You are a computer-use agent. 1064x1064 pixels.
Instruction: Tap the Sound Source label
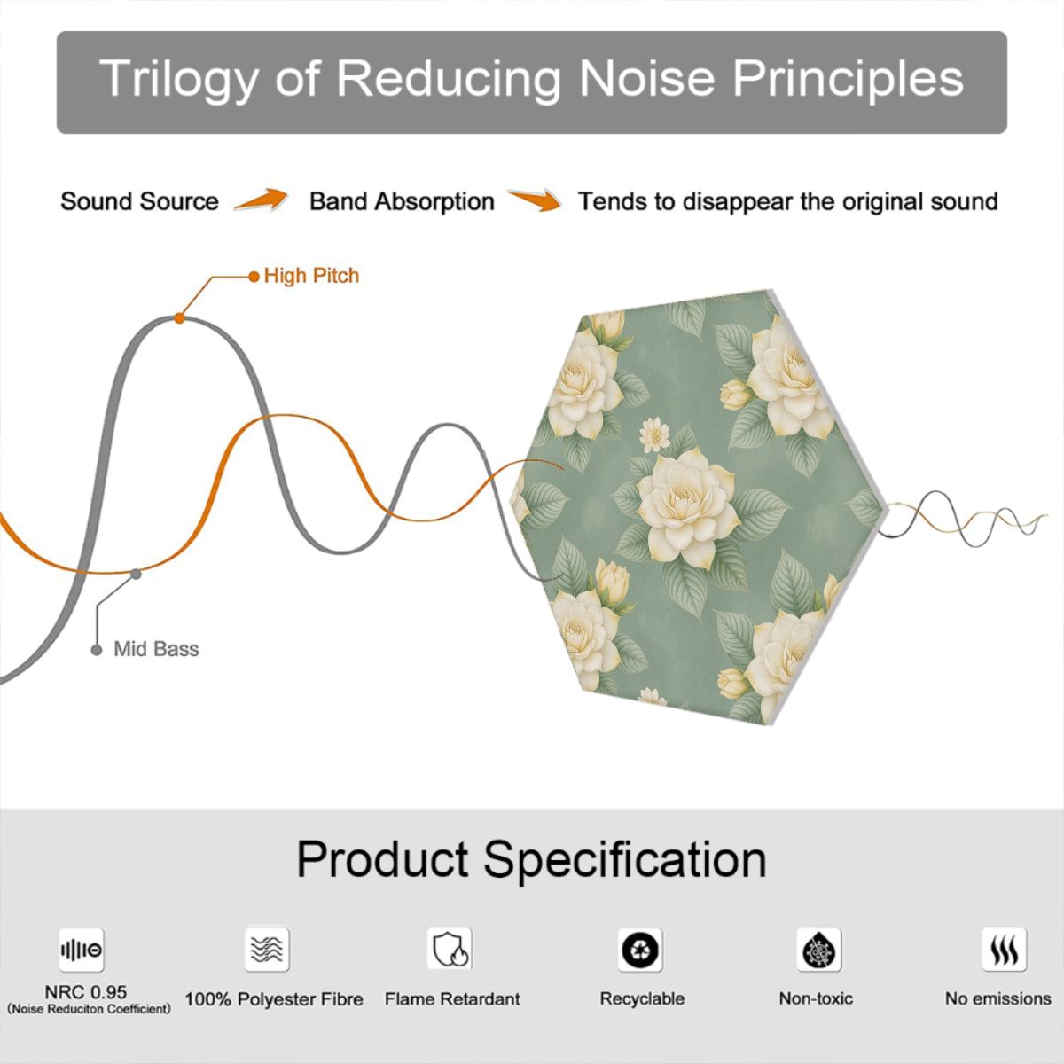coord(140,201)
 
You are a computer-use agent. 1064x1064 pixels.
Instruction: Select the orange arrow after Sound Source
coord(262,199)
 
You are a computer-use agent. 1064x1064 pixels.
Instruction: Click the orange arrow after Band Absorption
coord(535,199)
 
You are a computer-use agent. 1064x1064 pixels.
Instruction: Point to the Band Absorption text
coord(402,201)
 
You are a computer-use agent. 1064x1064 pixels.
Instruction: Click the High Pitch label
coord(311,276)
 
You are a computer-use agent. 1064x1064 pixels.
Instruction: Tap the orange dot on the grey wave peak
coord(179,318)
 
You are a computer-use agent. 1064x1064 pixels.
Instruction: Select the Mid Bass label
coord(156,649)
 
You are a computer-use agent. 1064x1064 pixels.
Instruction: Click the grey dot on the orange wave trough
coord(136,575)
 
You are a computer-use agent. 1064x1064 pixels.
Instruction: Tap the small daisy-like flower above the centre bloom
coord(655,434)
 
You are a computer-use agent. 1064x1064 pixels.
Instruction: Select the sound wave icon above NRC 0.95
coord(82,951)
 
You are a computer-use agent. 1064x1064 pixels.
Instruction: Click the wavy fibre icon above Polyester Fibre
coord(267,950)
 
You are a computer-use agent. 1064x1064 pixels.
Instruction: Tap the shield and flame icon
coord(450,949)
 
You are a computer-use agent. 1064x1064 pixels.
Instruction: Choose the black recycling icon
coord(640,951)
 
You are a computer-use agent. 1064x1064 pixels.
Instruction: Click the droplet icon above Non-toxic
coord(819,951)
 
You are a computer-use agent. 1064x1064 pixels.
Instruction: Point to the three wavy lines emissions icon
coord(1005,950)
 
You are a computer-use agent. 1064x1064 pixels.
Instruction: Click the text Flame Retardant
coord(452,999)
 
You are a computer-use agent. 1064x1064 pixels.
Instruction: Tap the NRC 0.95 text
coord(86,992)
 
